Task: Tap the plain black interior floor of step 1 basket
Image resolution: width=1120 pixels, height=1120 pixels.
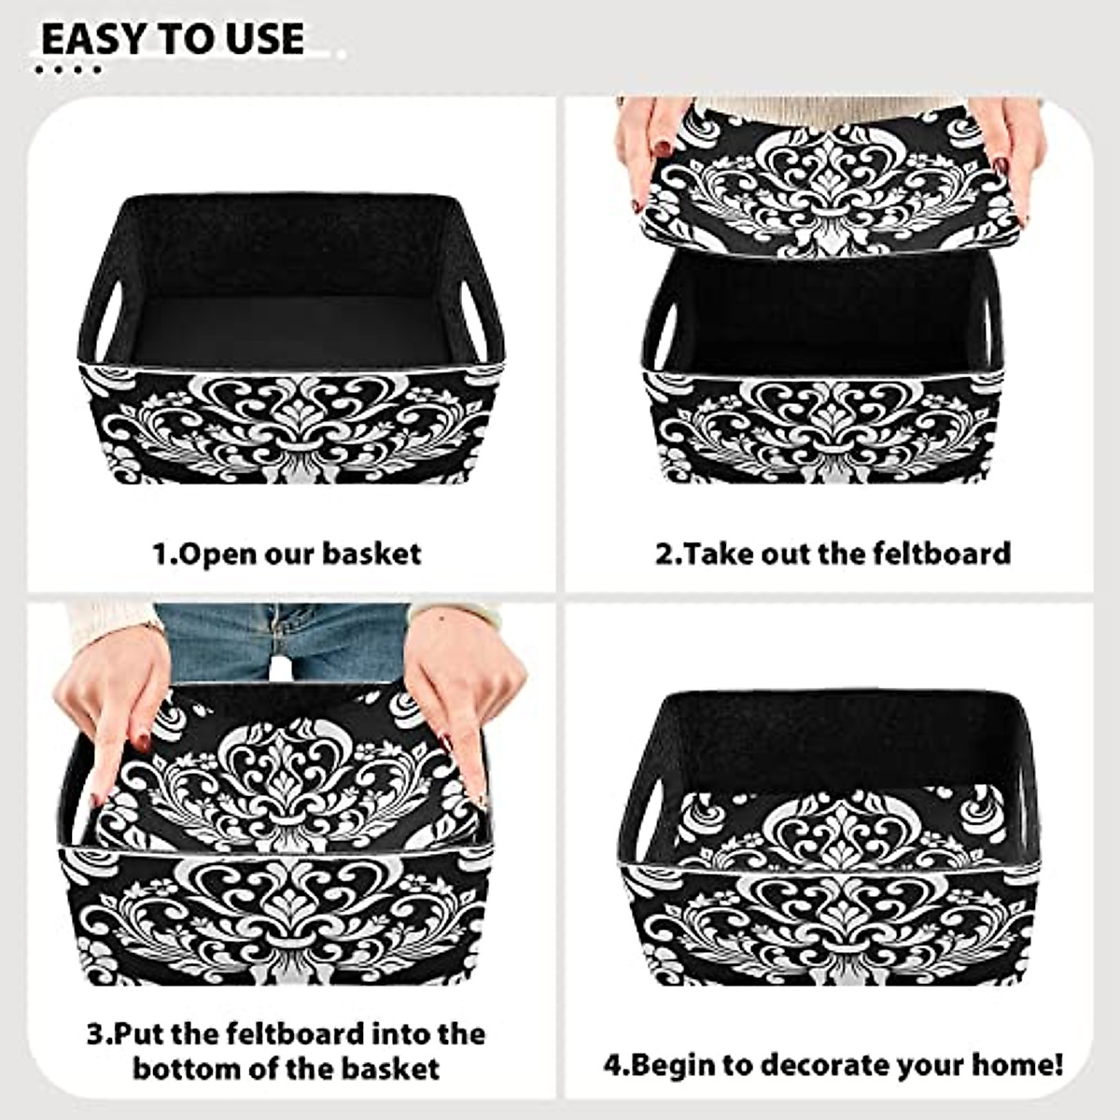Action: (289, 327)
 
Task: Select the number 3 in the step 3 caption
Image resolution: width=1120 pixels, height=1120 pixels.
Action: (94, 1034)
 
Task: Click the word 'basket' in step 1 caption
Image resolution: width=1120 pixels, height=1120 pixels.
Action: (371, 553)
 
